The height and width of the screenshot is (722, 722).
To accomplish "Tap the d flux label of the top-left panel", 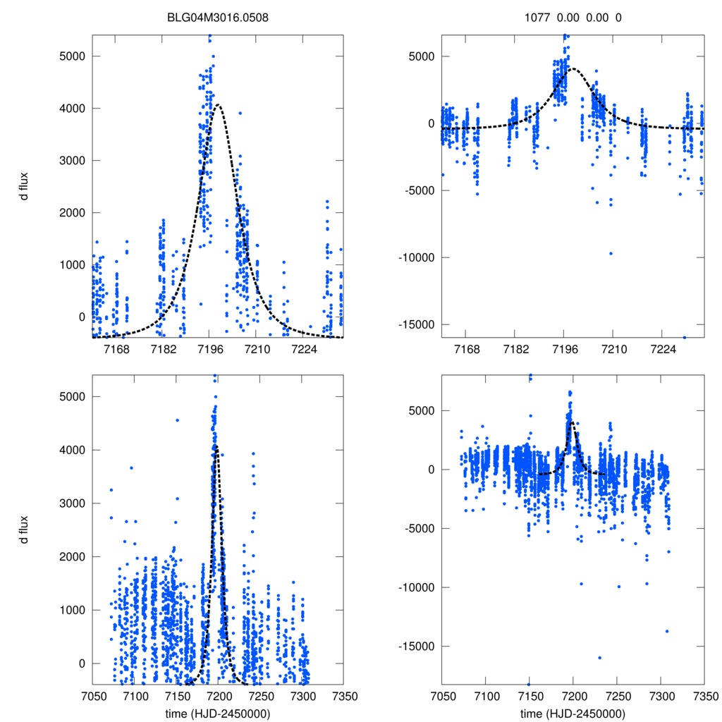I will pyautogui.click(x=24, y=186).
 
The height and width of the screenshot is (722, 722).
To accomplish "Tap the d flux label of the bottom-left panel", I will pyautogui.click(x=24, y=528).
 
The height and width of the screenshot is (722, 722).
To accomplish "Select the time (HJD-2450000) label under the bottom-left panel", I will pyautogui.click(x=218, y=714).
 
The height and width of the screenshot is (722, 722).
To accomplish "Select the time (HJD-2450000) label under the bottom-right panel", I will pyautogui.click(x=573, y=714).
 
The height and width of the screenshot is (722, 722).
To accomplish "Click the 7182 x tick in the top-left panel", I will pyautogui.click(x=163, y=349).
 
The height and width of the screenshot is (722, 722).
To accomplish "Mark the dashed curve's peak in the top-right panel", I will pyautogui.click(x=572, y=69).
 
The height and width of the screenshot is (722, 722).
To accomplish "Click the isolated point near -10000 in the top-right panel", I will pyautogui.click(x=611, y=253).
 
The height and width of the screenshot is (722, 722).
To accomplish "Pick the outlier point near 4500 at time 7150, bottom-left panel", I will pyautogui.click(x=177, y=420).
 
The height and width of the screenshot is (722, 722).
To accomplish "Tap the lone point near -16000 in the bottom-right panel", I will pyautogui.click(x=599, y=658).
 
